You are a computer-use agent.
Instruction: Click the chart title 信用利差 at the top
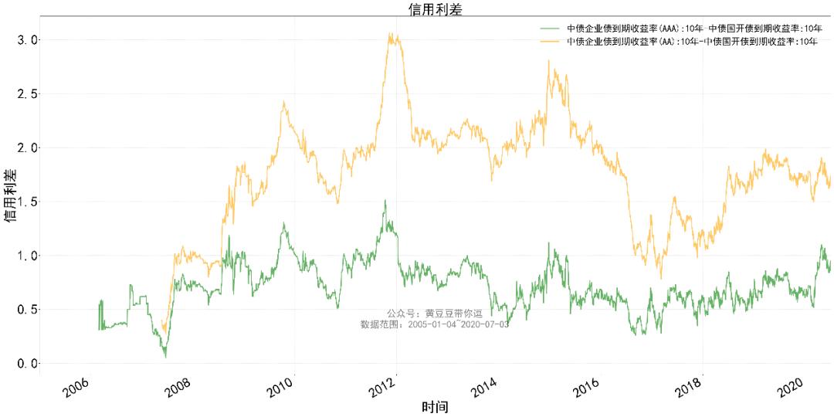[436, 8]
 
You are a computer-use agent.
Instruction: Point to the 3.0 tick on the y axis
[28, 39]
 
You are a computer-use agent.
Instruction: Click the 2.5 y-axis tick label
[28, 93]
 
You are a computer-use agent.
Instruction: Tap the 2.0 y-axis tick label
[28, 147]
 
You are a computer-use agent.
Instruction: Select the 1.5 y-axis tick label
[28, 202]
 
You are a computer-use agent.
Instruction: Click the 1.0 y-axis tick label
[28, 256]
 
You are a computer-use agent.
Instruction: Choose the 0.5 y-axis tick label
[28, 310]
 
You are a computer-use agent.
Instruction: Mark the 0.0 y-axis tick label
[28, 364]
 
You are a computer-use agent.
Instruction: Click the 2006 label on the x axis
[80, 387]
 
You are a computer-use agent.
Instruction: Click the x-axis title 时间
[436, 407]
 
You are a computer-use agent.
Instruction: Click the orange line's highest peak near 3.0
[392, 34]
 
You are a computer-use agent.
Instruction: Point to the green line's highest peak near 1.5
[385, 201]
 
